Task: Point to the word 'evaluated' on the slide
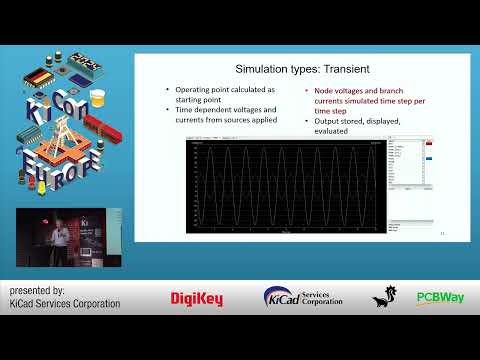tap(330, 131)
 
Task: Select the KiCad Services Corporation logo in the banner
tap(303, 297)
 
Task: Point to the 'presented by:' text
tap(36, 290)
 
